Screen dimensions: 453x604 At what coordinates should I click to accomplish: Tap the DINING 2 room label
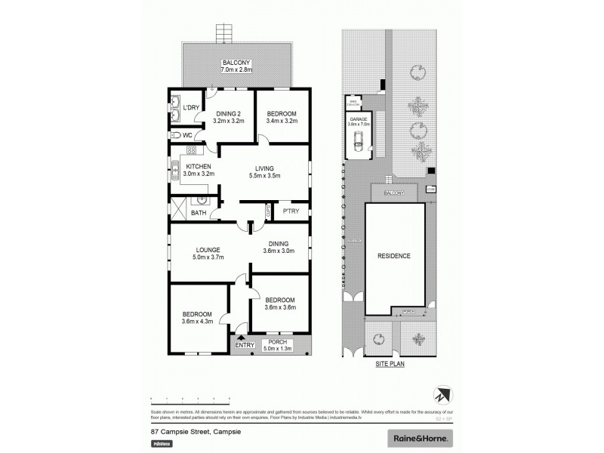[x=228, y=116]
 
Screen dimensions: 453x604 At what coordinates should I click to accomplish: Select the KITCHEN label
[x=199, y=170]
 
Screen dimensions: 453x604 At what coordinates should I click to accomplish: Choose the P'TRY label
[x=291, y=211]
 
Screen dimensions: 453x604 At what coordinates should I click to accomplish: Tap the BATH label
[x=198, y=213]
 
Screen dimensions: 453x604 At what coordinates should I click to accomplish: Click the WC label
[x=188, y=135]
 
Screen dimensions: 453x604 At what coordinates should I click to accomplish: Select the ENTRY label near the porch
[x=244, y=346]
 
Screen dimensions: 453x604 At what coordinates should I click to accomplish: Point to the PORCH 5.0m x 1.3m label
[x=280, y=346]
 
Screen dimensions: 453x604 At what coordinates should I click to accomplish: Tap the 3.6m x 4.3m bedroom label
[x=196, y=318]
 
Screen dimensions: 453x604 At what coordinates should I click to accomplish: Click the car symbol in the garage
[x=359, y=139]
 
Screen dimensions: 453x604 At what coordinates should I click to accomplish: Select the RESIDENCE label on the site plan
[x=393, y=256]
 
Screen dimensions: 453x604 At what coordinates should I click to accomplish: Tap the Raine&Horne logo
[x=421, y=437]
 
